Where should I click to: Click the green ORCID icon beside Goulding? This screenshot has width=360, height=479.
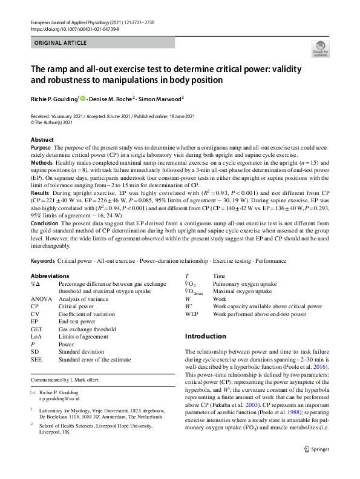click(83, 97)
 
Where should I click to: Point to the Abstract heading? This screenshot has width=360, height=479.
click(42, 140)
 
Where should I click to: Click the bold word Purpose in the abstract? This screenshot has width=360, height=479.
click(41, 148)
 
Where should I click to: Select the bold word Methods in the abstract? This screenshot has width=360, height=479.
click(41, 164)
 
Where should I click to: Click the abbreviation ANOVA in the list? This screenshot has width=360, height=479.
click(41, 299)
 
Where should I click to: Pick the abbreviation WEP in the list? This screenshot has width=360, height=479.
click(191, 315)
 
